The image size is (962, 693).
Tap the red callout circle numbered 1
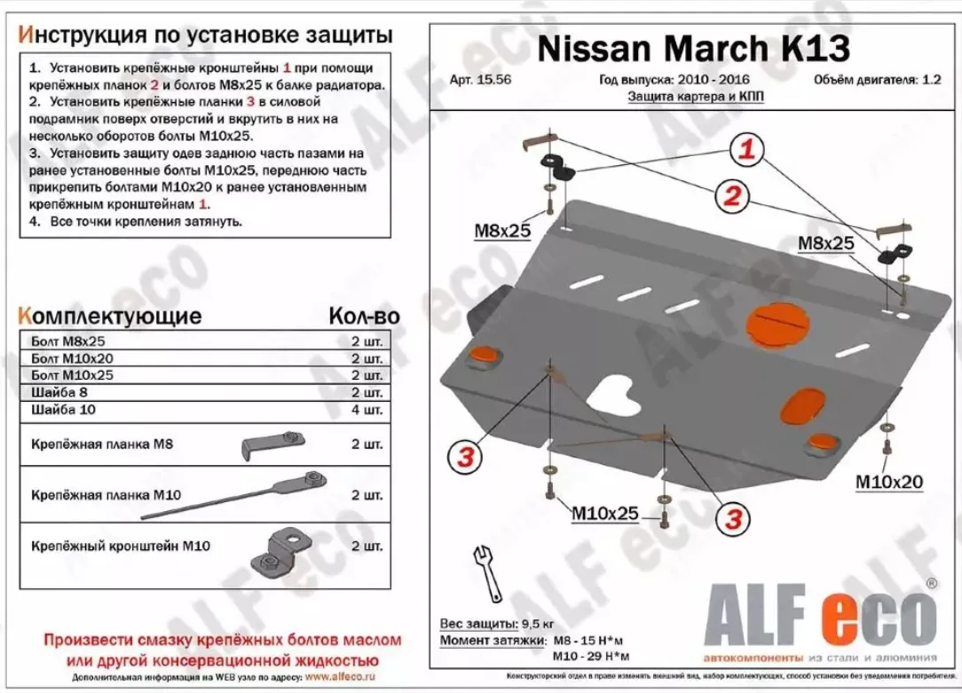(748, 151)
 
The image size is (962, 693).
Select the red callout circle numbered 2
(731, 197)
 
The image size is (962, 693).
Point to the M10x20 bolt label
(888, 482)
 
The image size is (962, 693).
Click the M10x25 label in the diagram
(604, 513)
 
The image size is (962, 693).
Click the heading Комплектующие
(109, 317)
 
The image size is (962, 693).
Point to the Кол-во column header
(363, 317)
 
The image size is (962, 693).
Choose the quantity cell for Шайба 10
(367, 410)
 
